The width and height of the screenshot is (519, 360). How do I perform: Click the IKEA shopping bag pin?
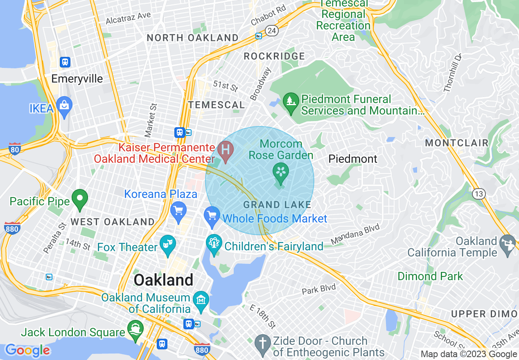pos(65,106)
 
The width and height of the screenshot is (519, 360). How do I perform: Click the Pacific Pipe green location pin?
pos(80,199)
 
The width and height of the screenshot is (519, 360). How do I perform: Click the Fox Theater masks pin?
pos(168,244)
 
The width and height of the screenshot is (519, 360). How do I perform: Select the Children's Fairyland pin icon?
pos(214,244)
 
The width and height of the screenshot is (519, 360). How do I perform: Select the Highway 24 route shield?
pos(271,30)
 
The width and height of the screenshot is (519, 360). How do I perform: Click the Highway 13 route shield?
pos(478,193)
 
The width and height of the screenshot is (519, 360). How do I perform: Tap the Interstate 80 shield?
pos(15,150)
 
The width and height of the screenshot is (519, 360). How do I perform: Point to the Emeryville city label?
pos(77,79)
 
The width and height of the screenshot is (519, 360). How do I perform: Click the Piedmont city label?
pos(353,159)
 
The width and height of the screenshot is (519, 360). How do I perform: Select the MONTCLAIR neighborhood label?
pos(457,143)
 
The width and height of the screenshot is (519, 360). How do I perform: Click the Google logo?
pos(27,351)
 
